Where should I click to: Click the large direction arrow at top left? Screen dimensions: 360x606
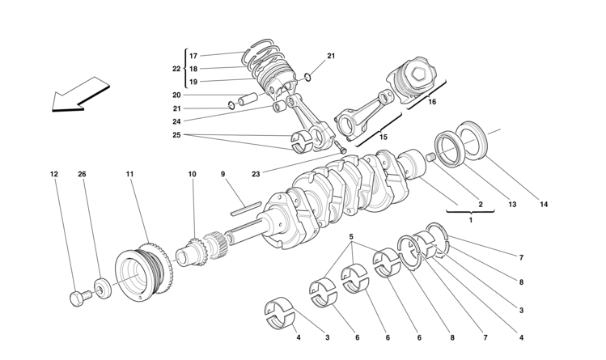click(79, 94)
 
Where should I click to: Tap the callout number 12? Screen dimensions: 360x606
click(54, 174)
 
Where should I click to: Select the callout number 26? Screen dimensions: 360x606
click(82, 174)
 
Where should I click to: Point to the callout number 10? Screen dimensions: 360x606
click(193, 174)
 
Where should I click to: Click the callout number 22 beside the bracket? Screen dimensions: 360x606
click(176, 69)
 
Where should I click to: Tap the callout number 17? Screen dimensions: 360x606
click(193, 56)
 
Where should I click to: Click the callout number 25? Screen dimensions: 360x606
click(176, 135)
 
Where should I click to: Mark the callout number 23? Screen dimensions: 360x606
click(256, 173)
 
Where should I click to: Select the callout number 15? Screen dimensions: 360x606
click(384, 138)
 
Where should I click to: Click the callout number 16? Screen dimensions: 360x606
click(431, 103)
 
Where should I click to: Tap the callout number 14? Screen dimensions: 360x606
click(544, 205)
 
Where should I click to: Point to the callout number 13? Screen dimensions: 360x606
click(512, 205)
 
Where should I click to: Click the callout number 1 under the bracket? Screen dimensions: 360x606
click(471, 219)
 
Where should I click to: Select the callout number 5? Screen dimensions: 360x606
click(351, 238)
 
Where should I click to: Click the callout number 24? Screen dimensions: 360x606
click(176, 122)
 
